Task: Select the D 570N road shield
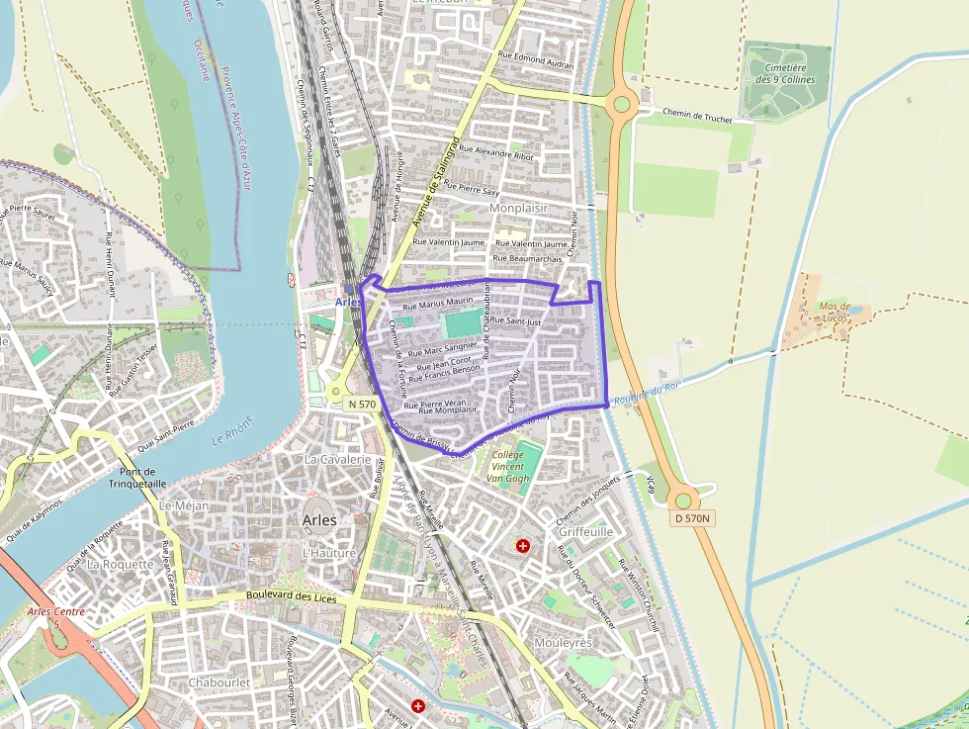[693, 518]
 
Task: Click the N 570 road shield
[362, 405]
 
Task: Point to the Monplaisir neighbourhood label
[518, 209]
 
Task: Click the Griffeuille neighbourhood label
[585, 531]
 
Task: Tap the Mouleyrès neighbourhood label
[562, 642]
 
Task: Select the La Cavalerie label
[337, 459]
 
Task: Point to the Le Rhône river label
[232, 429]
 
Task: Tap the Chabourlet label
[220, 682]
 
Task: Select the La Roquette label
[121, 564]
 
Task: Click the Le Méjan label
[183, 505]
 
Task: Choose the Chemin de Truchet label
[697, 118]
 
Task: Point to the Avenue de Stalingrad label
[436, 181]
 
